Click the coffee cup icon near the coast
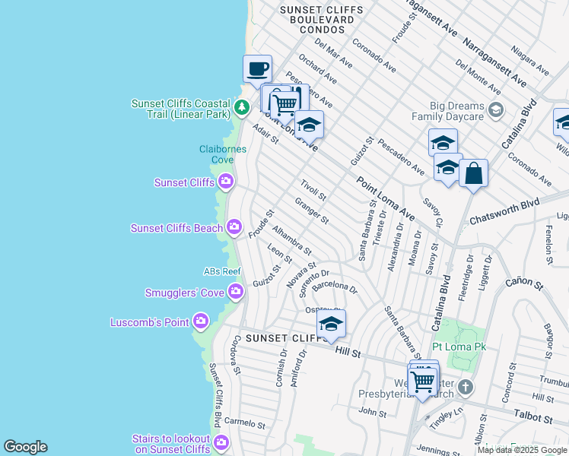click(x=257, y=69)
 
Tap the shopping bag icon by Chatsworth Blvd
click(x=473, y=173)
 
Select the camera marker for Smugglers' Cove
click(x=236, y=291)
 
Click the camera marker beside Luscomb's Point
click(x=201, y=321)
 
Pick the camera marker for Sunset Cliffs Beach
click(x=234, y=226)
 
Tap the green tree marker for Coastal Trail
click(x=242, y=107)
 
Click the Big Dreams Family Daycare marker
click(x=496, y=110)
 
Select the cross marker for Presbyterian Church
click(x=466, y=388)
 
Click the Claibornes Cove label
click(x=223, y=154)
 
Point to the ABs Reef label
click(x=222, y=271)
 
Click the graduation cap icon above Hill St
click(x=331, y=325)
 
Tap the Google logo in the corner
click(x=25, y=447)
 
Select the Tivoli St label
click(x=313, y=190)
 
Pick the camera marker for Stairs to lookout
click(x=221, y=442)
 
